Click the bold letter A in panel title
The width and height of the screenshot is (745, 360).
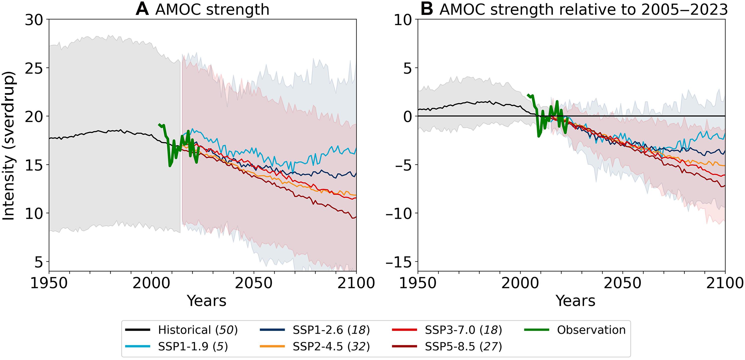[142, 9]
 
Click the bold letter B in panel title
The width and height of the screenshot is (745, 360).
[427, 9]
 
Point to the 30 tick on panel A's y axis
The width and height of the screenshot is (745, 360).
[34, 20]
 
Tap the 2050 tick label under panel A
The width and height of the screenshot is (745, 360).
[254, 283]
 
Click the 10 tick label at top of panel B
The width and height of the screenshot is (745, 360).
[403, 20]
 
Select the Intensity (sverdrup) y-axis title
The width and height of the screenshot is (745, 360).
[9, 145]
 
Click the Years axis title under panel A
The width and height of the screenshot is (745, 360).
[207, 301]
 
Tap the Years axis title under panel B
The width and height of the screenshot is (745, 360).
[576, 301]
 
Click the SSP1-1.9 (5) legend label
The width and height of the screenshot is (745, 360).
[193, 346]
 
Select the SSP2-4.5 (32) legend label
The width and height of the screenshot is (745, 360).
[331, 346]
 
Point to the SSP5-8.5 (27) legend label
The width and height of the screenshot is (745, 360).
[463, 346]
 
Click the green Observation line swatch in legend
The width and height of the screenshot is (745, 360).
[537, 330]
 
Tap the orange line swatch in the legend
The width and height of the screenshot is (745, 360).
[272, 346]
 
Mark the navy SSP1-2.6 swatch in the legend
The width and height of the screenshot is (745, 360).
[272, 330]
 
